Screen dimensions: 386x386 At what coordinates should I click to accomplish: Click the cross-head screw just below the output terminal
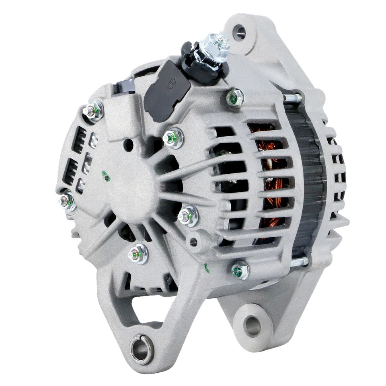click(234, 96)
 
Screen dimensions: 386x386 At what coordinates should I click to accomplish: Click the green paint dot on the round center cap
click(105, 175)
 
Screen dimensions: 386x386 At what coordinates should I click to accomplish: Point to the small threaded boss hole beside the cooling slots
click(195, 241)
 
